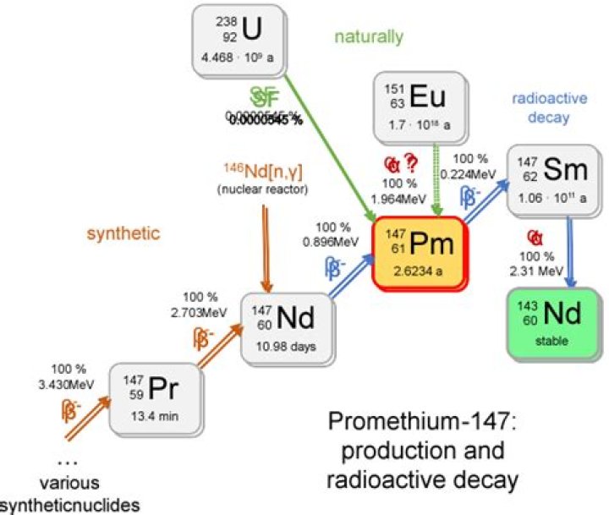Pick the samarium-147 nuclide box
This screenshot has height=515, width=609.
pyautogui.click(x=547, y=180)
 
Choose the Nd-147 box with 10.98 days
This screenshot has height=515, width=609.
pyautogui.click(x=285, y=326)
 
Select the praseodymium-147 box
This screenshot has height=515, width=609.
pyautogui.click(x=158, y=397)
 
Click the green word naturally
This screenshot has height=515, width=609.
pyautogui.click(x=368, y=37)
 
